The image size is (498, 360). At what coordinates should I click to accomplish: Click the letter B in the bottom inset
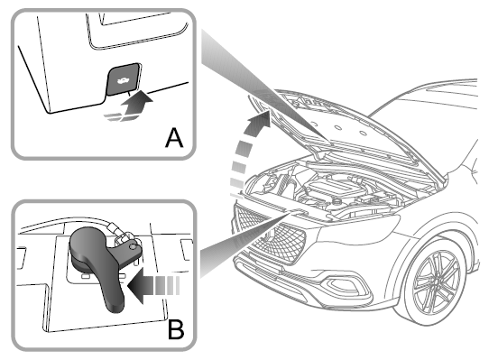pos(175,327)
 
